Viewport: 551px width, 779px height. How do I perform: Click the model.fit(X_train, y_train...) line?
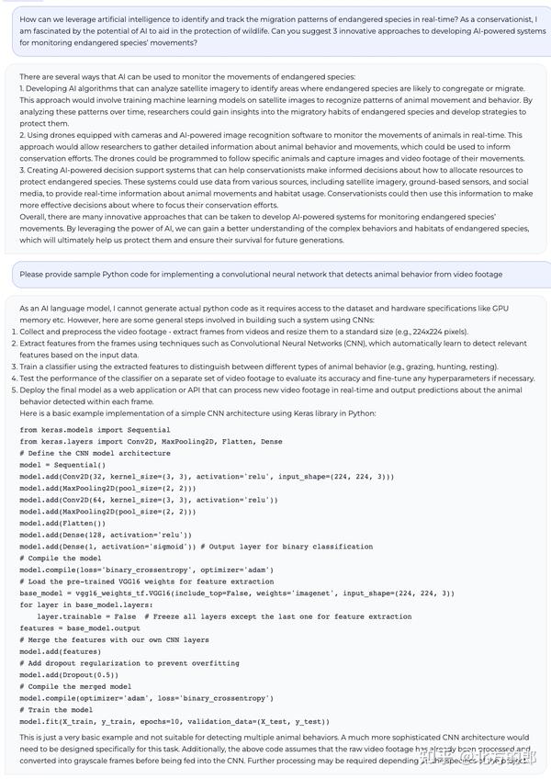coord(174,721)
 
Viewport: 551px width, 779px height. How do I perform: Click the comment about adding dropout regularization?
coord(129,662)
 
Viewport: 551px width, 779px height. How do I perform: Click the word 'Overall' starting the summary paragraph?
coord(34,206)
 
